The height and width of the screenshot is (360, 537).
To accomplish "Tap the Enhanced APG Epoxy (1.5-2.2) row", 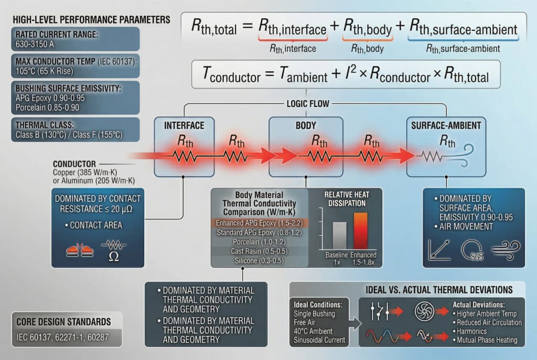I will click(254, 223).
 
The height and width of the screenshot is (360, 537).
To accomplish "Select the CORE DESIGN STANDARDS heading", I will click(56, 321).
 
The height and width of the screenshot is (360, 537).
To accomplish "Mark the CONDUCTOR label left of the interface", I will click(74, 164).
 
